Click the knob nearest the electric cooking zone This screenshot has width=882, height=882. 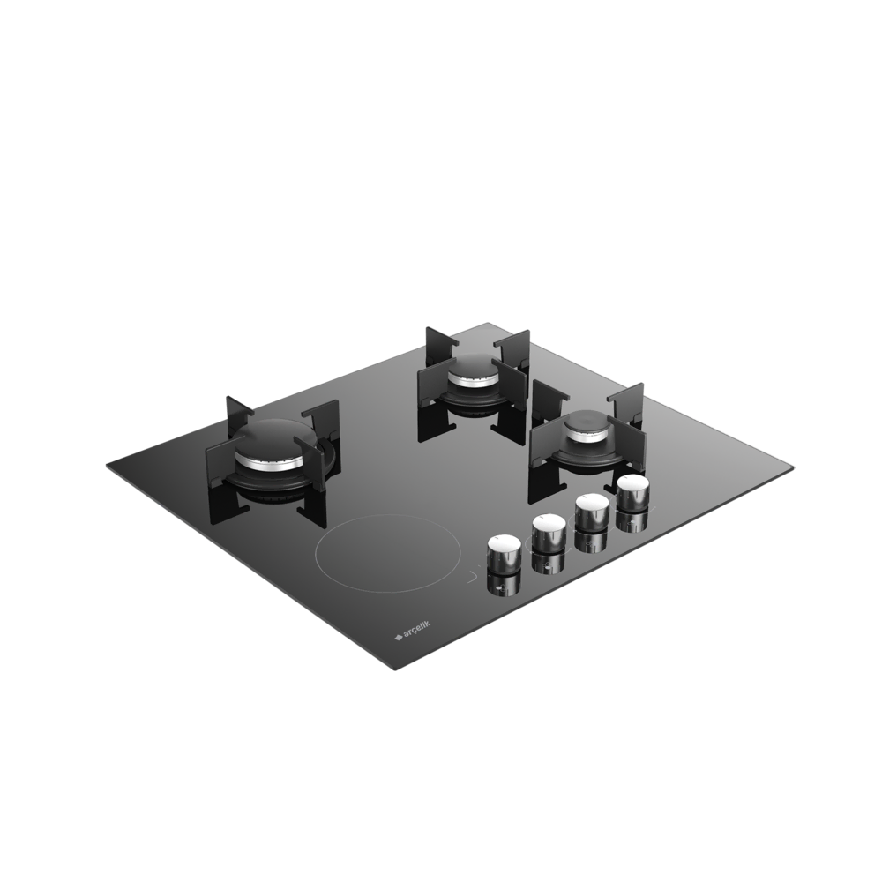click(x=504, y=554)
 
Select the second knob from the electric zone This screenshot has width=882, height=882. click(x=549, y=533)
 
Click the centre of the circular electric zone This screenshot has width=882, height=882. click(x=388, y=552)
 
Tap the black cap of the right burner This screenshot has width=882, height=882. click(x=589, y=421)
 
